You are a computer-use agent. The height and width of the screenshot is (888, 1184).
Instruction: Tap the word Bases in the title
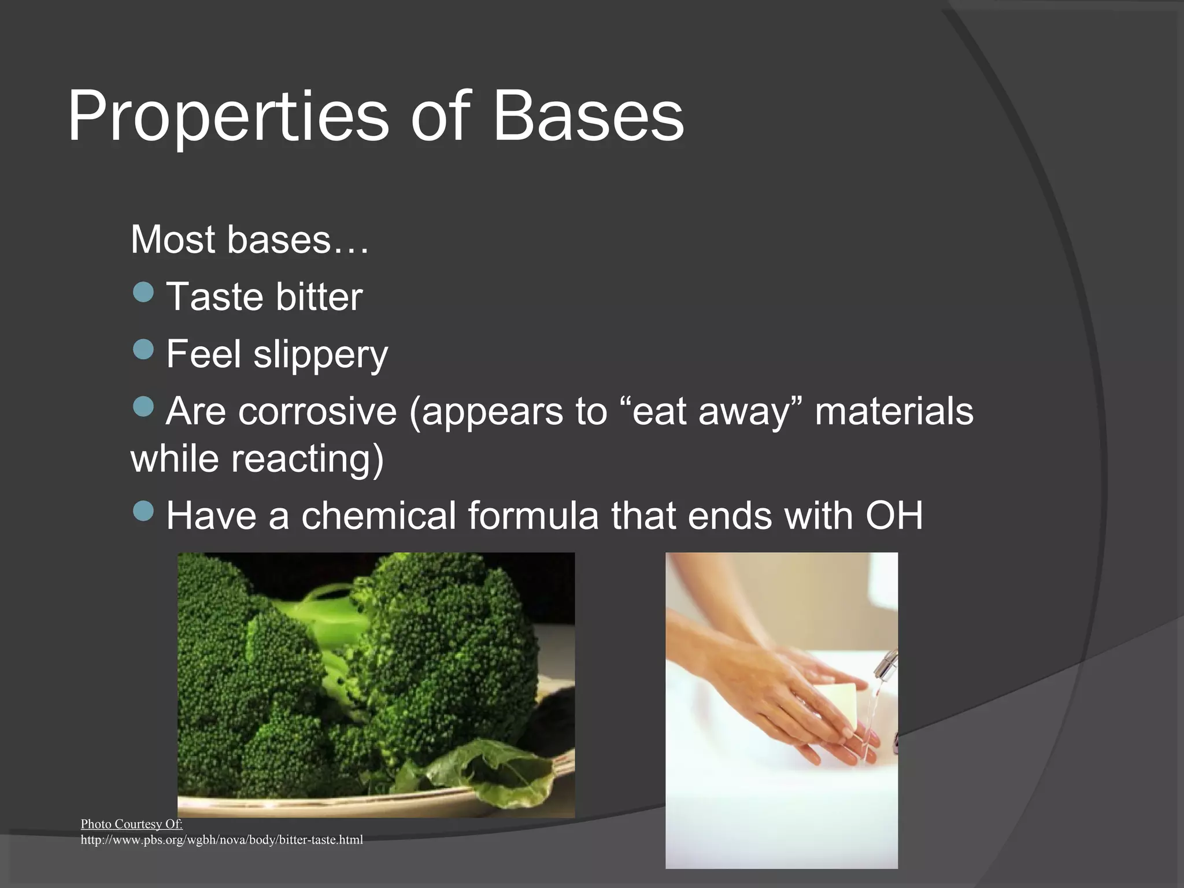pos(588,117)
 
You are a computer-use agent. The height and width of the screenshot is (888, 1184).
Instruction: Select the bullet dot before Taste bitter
pos(143,292)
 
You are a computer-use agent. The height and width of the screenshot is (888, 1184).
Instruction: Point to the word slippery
pos(321,355)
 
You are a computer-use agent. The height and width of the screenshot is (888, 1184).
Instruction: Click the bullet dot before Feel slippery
pos(143,349)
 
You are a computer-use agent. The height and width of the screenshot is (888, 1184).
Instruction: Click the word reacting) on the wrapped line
pos(308,459)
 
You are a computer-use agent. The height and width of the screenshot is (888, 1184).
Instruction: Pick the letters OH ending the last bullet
pos(894,516)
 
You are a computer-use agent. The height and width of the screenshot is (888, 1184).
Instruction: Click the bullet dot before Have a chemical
pos(143,510)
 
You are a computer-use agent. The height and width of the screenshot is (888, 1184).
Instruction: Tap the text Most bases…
pos(249,239)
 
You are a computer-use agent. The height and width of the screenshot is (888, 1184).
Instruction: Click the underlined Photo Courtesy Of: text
pos(131,824)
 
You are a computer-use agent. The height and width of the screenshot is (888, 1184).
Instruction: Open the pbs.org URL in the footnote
pos(221,840)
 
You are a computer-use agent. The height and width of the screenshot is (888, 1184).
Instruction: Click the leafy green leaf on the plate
pos(497,772)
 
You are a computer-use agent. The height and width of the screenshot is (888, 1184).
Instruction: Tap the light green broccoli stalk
pos(324,616)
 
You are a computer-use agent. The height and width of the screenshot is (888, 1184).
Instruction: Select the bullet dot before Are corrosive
pos(143,406)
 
